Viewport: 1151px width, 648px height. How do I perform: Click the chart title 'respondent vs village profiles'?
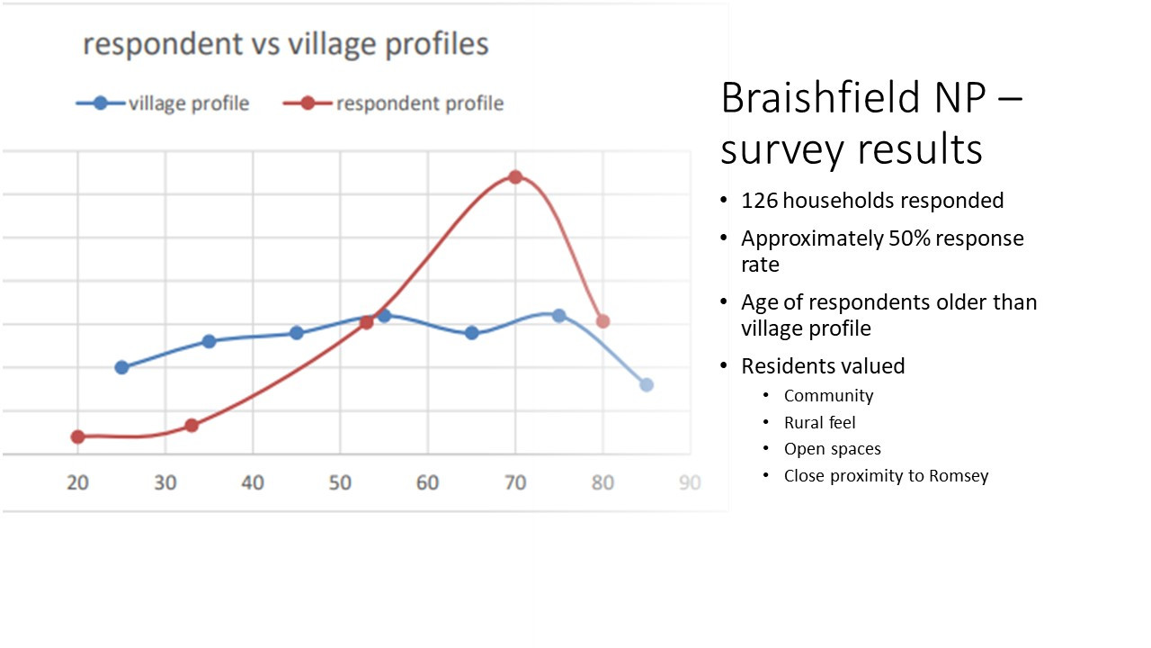[286, 44]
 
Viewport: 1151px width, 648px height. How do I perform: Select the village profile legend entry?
[163, 103]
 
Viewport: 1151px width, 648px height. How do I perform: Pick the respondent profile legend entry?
[393, 103]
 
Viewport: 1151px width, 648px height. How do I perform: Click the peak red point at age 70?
[515, 177]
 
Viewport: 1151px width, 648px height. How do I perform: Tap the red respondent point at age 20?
[77, 437]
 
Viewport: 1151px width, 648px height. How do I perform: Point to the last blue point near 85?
[647, 384]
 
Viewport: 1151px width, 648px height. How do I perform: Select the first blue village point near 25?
[121, 367]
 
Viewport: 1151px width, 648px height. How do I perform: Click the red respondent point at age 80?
[602, 321]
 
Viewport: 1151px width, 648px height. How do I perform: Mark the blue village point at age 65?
[472, 333]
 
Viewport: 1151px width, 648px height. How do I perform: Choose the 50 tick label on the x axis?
[340, 483]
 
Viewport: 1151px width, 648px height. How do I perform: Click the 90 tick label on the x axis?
[690, 483]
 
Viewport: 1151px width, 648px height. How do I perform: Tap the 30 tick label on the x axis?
[165, 483]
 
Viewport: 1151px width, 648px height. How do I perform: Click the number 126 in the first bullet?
[759, 201]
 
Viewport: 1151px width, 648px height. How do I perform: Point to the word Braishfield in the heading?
[821, 97]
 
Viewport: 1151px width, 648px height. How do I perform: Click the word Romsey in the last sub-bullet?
[959, 476]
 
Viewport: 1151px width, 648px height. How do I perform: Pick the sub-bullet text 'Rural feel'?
[819, 423]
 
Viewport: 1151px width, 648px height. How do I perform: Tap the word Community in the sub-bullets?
[828, 396]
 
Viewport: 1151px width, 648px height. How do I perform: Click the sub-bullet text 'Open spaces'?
[833, 449]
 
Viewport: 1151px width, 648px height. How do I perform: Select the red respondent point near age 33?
[192, 426]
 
